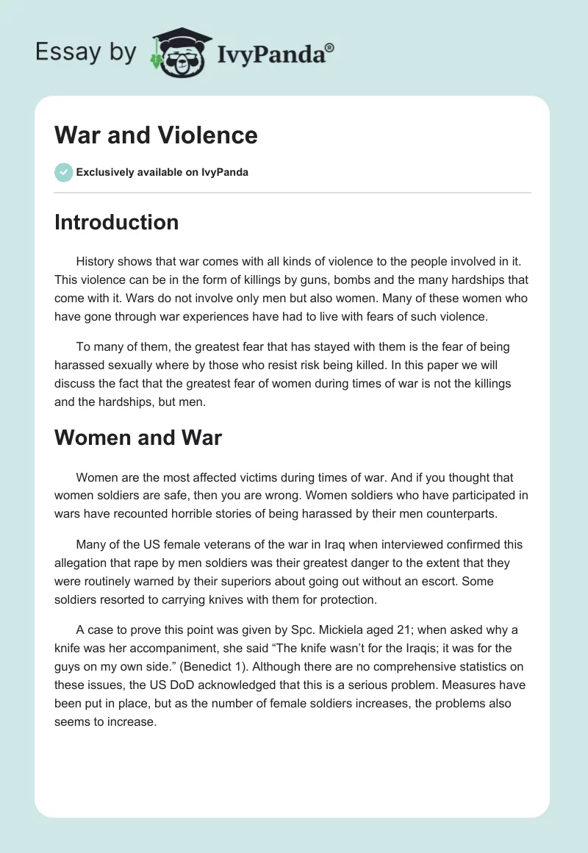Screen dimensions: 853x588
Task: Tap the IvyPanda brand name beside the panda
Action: pos(276,54)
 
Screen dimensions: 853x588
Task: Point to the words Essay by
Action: pos(87,53)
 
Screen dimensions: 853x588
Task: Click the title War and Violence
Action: pos(156,135)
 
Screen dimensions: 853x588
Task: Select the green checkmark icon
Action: pos(63,172)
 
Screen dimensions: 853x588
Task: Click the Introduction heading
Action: pos(116,222)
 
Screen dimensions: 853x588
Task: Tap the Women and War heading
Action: pos(138,438)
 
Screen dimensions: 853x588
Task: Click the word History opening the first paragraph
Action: pos(97,262)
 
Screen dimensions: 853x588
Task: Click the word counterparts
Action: pos(463,514)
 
